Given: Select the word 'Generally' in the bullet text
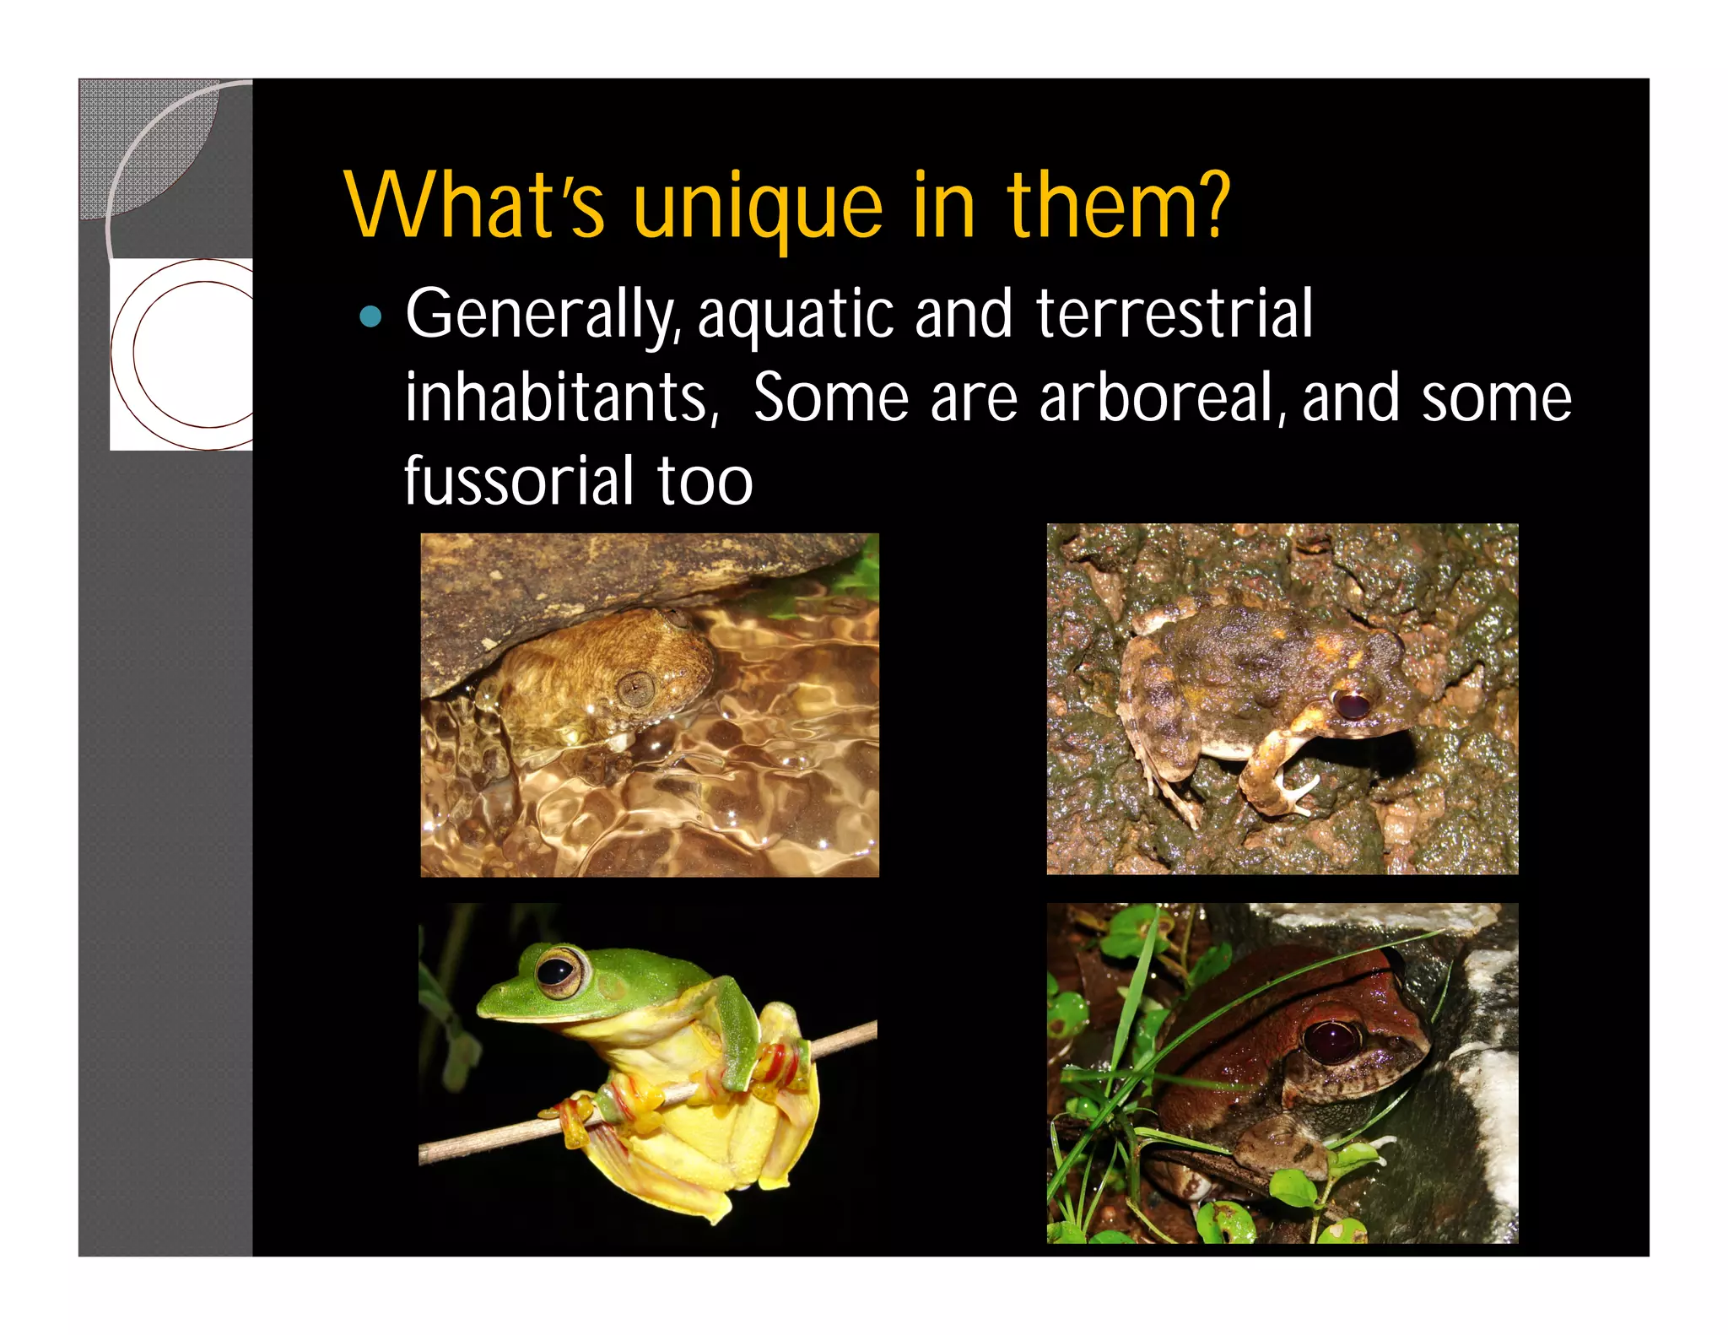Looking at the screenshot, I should pos(540,315).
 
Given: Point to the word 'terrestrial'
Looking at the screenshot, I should pos(1174,313).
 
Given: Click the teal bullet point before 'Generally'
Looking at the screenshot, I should pos(370,317).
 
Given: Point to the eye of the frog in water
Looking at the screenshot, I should pos(635,689).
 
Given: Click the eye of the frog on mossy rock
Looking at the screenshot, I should pos(1352,703).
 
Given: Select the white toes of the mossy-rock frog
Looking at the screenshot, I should pos(1295,794).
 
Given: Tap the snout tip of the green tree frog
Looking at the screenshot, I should pos(483,1003).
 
